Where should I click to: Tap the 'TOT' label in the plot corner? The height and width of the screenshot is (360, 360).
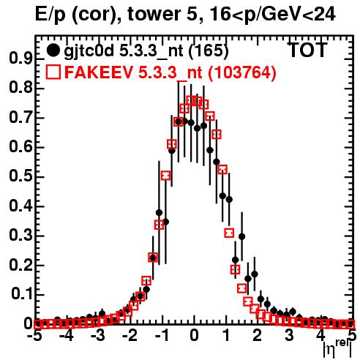coord(307,50)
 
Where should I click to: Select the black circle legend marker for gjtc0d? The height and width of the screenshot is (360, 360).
coord(53,50)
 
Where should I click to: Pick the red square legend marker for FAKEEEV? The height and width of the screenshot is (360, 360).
coord(53,72)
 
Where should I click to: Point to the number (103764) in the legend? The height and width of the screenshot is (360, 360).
coord(242,72)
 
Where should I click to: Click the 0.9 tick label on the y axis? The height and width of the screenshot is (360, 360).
coord(21,59)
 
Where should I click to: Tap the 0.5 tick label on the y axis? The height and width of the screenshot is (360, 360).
coord(21,176)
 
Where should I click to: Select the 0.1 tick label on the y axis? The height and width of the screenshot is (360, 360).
coord(21,294)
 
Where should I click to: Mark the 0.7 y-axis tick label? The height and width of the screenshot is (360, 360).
coord(21,118)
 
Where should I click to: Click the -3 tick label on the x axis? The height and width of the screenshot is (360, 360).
coord(98,336)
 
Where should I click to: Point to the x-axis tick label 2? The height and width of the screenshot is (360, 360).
coord(258,336)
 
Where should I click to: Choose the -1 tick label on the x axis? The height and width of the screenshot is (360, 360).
coord(162,336)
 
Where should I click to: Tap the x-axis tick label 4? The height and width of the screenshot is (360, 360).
coord(321,336)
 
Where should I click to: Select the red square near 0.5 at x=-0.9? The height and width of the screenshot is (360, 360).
coord(165,176)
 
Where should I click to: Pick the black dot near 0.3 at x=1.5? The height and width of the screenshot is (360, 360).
coord(241,236)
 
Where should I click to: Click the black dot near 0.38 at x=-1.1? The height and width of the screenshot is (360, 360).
coord(159,213)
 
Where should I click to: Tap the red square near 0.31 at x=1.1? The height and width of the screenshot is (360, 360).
coord(229,233)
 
